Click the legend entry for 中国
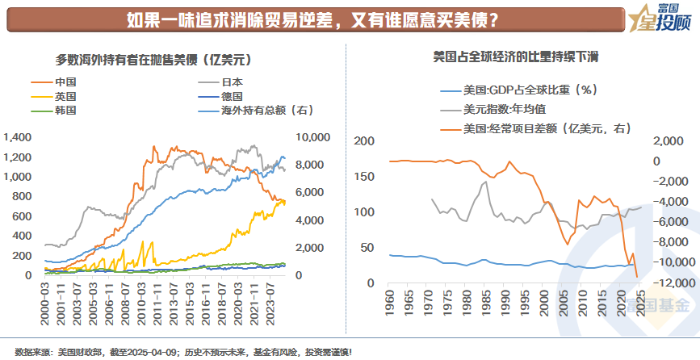pyautogui.click(x=65, y=82)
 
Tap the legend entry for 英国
pyautogui.click(x=65, y=95)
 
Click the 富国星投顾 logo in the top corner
pyautogui.click(x=660, y=18)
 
